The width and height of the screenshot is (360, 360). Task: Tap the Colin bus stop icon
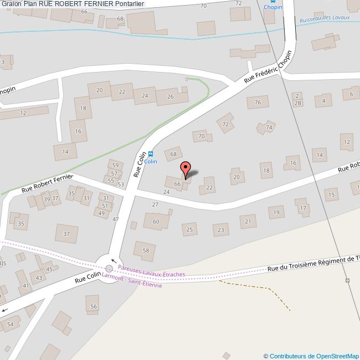tap(151, 155)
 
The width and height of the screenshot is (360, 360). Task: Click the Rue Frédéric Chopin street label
tap(268, 70)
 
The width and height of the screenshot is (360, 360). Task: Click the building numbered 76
tap(257, 102)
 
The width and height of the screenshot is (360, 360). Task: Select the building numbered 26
tap(170, 97)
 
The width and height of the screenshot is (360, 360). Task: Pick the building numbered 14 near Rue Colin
tap(65, 151)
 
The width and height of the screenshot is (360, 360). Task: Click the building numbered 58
tap(145, 250)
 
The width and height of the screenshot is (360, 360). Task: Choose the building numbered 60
tap(156, 222)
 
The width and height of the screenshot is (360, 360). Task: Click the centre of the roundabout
tap(109, 268)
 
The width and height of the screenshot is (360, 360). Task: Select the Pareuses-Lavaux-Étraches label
tap(151, 271)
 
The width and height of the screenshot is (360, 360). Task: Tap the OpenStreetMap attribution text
tap(311, 356)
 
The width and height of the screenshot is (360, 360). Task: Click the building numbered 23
tap(221, 229)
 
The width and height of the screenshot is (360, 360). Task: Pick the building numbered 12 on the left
tap(23, 112)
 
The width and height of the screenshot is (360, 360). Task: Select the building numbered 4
tap(323, 101)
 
